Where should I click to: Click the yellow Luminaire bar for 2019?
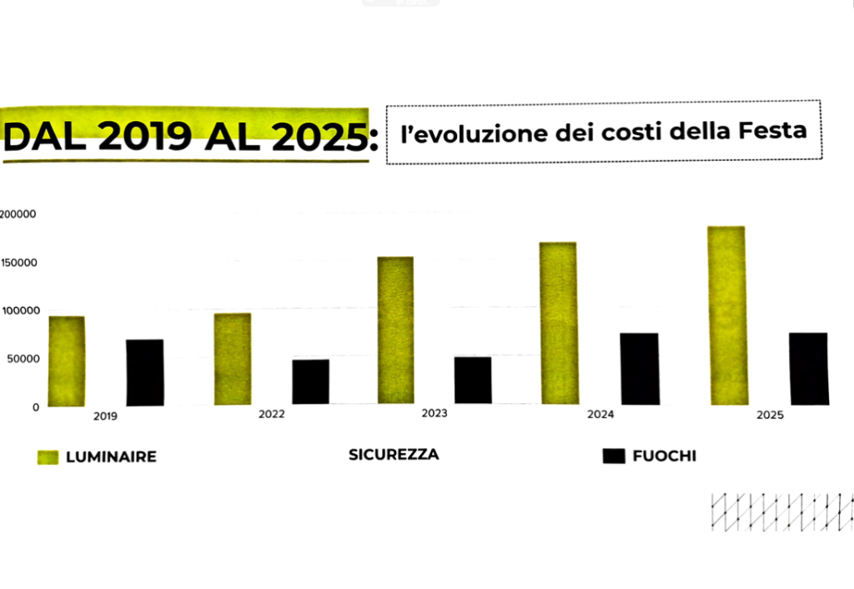coord(66,361)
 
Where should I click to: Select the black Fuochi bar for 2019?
coord(144,372)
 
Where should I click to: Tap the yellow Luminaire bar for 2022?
coord(232,360)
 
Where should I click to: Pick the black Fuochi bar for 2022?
coord(310,382)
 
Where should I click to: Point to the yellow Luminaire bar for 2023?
coord(395,330)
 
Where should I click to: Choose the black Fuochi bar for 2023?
coord(473,380)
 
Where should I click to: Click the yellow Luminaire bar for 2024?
coord(558,324)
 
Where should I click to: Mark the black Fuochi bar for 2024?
coord(639,369)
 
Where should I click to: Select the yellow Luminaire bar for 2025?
coord(727,315)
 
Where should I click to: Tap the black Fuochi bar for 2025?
coord(808,369)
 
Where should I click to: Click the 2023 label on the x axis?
coord(434,414)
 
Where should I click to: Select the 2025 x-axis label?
coord(771,415)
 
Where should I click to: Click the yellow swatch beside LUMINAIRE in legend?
coord(48,457)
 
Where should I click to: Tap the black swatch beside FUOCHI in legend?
coord(613,456)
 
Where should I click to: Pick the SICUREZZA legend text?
coord(394,455)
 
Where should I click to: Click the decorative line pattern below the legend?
coord(781,511)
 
